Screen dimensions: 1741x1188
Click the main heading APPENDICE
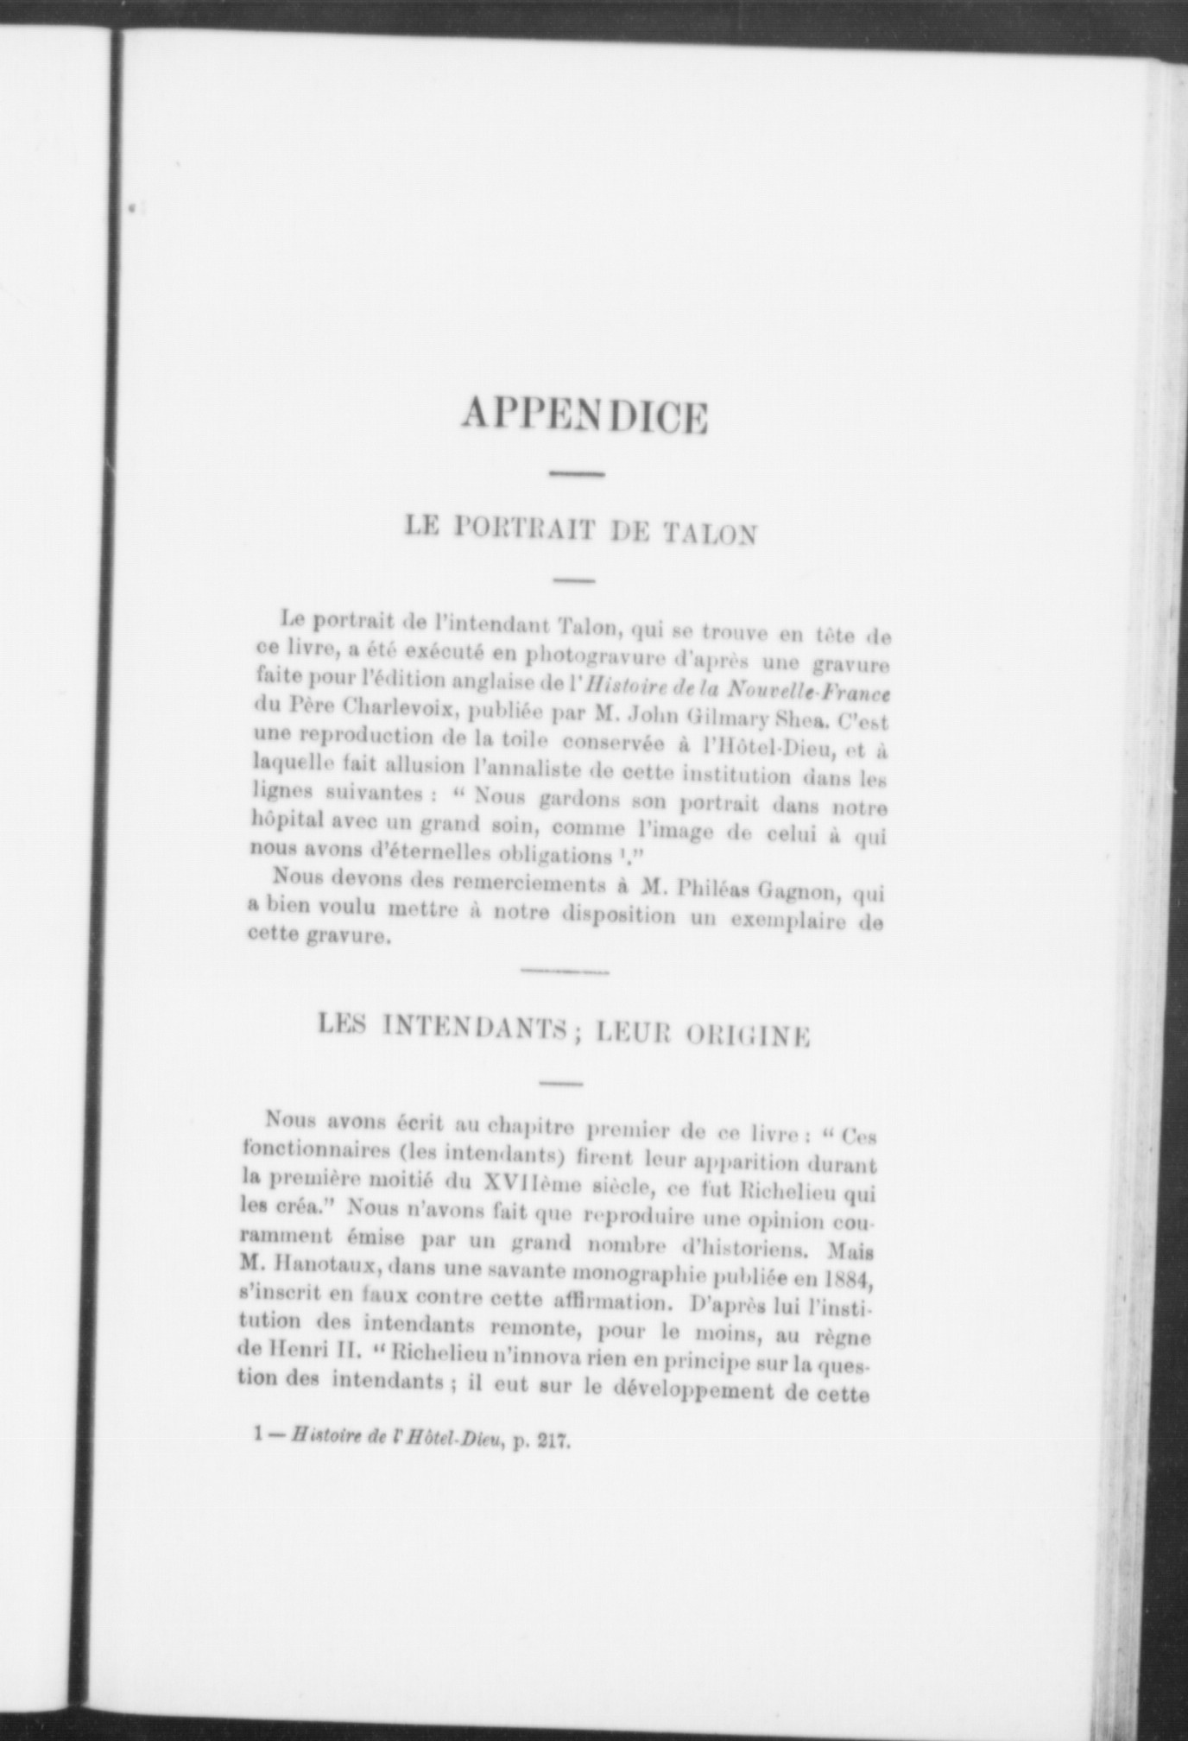[x=585, y=415]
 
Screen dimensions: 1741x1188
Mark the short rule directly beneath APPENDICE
[x=578, y=473]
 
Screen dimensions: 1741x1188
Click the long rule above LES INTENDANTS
[x=565, y=972]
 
